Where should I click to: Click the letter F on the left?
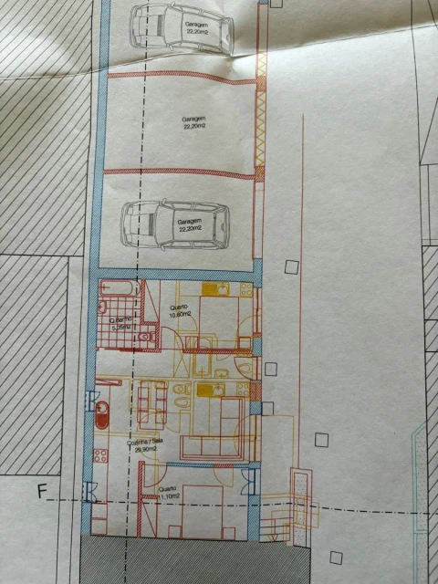[41, 491]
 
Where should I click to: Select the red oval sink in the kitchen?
[102, 415]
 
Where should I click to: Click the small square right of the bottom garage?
[291, 267]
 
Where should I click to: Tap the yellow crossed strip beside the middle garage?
[260, 119]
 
